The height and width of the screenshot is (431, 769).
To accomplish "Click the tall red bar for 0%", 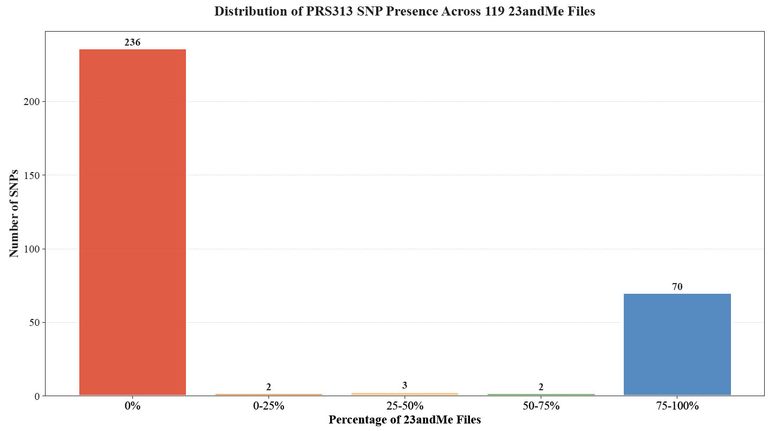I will [132, 222].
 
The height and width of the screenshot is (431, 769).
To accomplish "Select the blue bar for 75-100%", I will [677, 345].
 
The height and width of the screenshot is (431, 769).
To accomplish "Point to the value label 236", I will [132, 42].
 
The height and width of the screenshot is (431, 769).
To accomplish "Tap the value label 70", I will [677, 287].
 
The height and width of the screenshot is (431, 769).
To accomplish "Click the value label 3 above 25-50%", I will [405, 385].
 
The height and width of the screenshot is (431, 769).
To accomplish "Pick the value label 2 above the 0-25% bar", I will [268, 387].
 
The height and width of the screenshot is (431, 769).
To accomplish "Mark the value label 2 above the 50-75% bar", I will [541, 387].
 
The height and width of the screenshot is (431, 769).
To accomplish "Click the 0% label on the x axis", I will [132, 406].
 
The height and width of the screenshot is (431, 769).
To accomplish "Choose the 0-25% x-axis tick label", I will [268, 406].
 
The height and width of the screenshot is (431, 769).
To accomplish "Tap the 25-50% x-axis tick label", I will [405, 406].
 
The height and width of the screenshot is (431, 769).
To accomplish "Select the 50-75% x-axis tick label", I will [541, 406].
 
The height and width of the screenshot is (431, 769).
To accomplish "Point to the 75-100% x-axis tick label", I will [677, 406].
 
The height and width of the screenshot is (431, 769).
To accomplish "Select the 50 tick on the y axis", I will [35, 323].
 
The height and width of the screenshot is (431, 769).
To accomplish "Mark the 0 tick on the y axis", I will [37, 396].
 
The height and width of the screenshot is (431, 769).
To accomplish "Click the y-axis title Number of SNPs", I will [14, 213].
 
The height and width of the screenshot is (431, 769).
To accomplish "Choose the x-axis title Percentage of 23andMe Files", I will [405, 420].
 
